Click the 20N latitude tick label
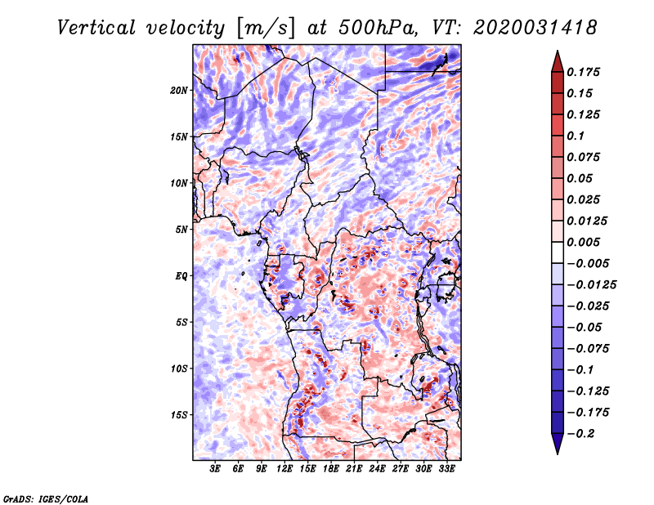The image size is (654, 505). point(178,91)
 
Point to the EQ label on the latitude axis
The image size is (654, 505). point(181,276)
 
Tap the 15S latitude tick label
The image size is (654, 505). point(179,415)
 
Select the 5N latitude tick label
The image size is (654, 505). point(181,230)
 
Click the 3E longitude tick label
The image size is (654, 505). point(215,469)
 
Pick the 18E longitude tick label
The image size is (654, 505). point(331,469)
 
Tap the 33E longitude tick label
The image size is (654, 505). point(446,469)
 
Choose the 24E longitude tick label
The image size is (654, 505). point(377,469)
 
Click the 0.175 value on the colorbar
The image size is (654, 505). point(583,72)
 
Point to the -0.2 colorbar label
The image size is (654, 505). point(580,434)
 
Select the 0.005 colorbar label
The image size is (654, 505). point(583,242)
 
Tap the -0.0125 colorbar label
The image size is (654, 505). point(591,285)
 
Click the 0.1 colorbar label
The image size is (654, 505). point(576,136)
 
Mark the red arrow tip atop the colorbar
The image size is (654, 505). point(558,51)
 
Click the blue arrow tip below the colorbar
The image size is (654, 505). point(558,454)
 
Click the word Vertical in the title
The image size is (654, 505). point(96,28)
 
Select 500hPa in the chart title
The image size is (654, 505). point(378,28)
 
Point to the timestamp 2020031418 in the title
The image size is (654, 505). point(535,28)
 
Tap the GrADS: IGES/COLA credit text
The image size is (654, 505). point(46,499)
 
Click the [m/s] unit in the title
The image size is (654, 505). point(266,29)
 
